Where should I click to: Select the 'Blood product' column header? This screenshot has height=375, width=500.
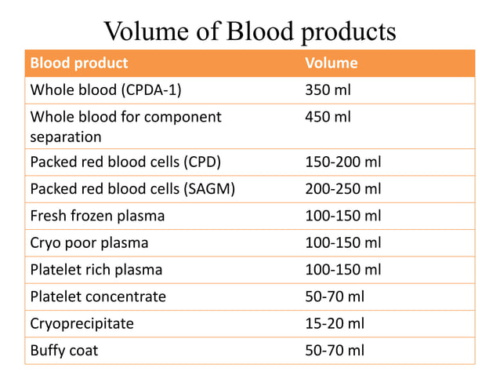[x=78, y=63]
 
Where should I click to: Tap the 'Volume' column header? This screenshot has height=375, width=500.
[x=331, y=63]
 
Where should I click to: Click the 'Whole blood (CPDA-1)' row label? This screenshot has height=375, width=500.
[x=106, y=89]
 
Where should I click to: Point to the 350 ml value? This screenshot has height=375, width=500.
[x=328, y=89]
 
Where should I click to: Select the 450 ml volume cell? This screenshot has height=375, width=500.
[x=328, y=117]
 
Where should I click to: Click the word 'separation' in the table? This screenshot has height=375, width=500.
[x=66, y=137]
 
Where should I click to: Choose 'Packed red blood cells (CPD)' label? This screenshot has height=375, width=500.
[x=125, y=163]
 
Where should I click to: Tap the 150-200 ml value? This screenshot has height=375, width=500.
[x=342, y=163]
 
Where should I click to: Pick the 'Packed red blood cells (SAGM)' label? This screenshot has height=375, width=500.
[x=132, y=190]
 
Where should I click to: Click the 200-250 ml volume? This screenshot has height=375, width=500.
[x=342, y=190]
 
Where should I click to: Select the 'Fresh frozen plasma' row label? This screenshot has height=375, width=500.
[x=97, y=216]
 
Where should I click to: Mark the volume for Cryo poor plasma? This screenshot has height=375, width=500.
[x=342, y=242]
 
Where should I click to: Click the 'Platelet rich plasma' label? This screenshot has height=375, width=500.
[x=96, y=269]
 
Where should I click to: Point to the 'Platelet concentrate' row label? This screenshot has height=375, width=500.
[x=98, y=297]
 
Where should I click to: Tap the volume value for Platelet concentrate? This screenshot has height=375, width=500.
[x=335, y=297]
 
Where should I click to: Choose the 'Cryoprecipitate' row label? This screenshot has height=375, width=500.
[x=82, y=323]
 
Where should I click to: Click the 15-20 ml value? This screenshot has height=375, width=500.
[x=335, y=323]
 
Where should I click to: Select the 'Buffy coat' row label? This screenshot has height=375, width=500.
[x=64, y=350]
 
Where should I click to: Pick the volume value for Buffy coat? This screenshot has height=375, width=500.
[x=335, y=350]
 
